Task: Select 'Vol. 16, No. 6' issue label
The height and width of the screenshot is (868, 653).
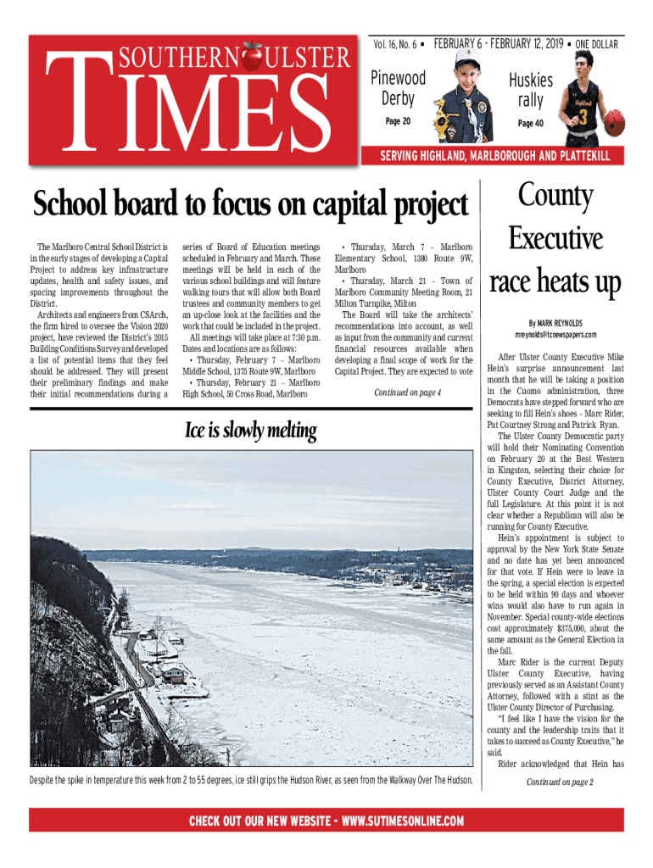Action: point(398,44)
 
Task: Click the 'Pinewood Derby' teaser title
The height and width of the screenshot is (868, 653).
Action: point(398,89)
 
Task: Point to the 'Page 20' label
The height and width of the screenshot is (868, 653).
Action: point(398,121)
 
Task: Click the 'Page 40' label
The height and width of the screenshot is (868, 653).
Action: point(530,124)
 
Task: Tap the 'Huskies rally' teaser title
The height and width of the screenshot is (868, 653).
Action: point(531,90)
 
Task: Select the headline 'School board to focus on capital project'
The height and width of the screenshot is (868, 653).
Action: point(250,204)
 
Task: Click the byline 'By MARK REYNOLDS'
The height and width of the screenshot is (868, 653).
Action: point(555,322)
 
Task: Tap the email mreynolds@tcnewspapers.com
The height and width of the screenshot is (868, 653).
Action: point(555,335)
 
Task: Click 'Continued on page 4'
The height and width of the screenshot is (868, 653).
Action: point(407,392)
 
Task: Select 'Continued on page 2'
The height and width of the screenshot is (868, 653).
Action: point(560,782)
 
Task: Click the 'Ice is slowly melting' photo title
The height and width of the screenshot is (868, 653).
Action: point(250,431)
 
